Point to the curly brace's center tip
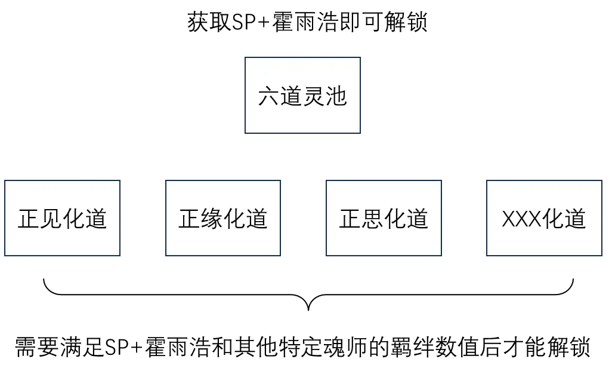(x=308, y=310)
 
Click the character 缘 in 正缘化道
(x=212, y=219)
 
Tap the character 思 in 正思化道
(x=372, y=219)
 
